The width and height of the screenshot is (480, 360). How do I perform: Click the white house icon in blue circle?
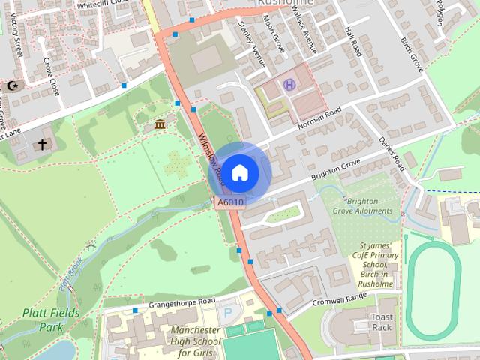tap(239, 172)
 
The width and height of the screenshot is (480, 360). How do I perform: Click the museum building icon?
tap(160, 124)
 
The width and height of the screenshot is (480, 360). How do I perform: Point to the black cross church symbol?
tap(43, 143)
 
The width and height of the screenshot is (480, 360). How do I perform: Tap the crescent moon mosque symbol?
tap(11, 86)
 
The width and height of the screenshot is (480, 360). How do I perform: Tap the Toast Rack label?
tap(382, 322)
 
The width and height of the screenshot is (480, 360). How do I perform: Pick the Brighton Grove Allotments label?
tap(367, 206)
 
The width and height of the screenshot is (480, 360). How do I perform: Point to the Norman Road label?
tap(319, 118)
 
